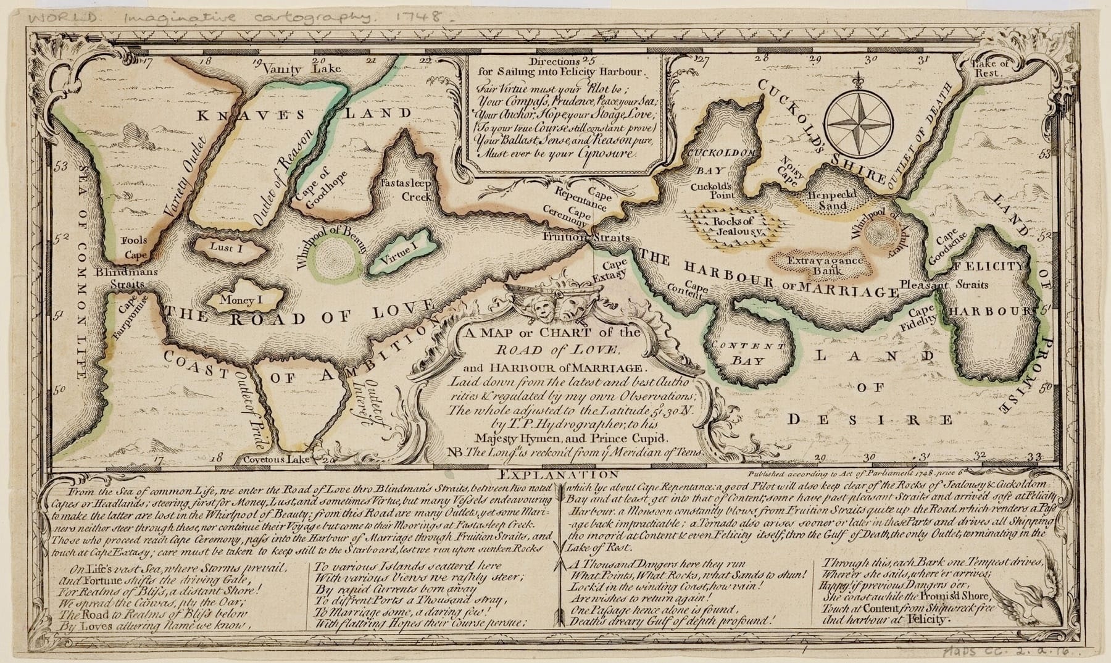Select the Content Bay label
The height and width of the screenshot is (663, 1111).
tap(748, 353)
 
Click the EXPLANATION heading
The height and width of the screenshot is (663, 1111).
tap(555, 475)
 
